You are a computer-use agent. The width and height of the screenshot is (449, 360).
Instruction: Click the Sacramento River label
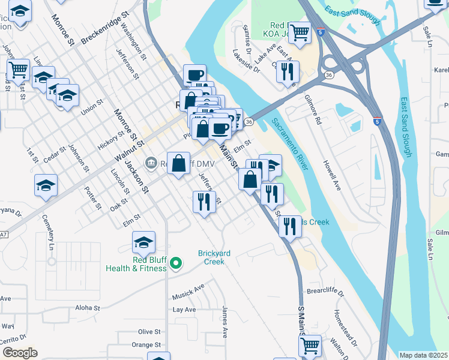(x=290, y=144)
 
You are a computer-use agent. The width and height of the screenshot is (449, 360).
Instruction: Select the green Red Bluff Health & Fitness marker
(x=176, y=263)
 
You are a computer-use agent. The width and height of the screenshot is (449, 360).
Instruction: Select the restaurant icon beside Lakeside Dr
(x=288, y=71)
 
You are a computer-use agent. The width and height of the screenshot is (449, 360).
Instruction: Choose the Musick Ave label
(x=188, y=292)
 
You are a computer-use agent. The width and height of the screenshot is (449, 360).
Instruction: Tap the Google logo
(x=20, y=352)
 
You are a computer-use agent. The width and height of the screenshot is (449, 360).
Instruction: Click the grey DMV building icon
(x=150, y=163)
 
